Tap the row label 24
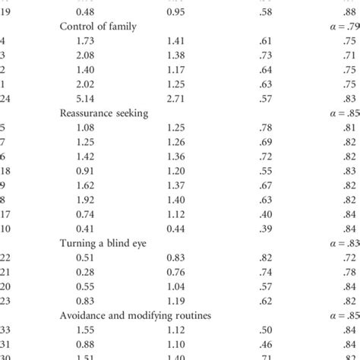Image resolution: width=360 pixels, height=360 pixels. pos(6,98)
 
